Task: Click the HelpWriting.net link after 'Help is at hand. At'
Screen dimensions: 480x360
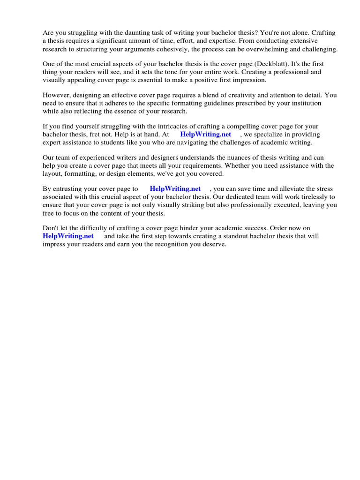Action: pyautogui.click(x=205, y=135)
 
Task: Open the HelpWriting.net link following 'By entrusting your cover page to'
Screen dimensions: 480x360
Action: pyautogui.click(x=175, y=189)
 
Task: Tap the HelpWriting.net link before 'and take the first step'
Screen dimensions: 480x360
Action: pyautogui.click(x=68, y=236)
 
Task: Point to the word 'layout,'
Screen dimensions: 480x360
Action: pyautogui.click(x=53, y=173)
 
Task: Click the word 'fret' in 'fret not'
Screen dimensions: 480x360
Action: pyautogui.click(x=96, y=135)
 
